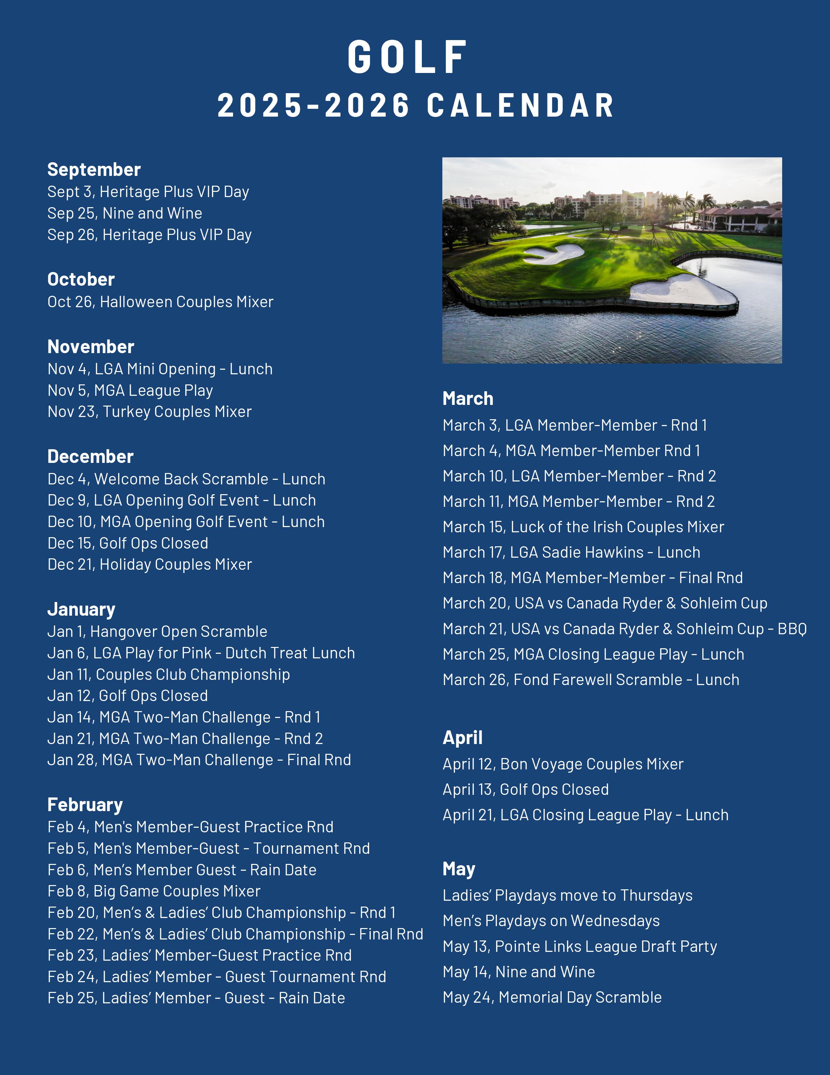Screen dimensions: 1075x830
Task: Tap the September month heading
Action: point(94,169)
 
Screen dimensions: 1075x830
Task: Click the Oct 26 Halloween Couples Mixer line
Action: point(160,302)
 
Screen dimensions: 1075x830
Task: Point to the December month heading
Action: point(90,456)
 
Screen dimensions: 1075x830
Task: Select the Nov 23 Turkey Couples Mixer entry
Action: point(149,411)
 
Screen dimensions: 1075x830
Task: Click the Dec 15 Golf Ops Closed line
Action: point(128,543)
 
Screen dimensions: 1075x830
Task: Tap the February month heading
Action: point(85,805)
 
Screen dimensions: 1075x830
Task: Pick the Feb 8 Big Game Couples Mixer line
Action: point(154,891)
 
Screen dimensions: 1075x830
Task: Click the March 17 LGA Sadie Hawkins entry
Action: point(571,552)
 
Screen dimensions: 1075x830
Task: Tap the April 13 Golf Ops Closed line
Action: point(526,790)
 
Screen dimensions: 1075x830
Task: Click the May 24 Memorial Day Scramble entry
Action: point(552,997)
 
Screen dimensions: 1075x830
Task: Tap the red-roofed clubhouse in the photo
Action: point(738,217)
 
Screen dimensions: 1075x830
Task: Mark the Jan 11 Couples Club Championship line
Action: point(169,674)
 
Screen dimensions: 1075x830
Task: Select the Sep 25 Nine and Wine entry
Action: point(125,213)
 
